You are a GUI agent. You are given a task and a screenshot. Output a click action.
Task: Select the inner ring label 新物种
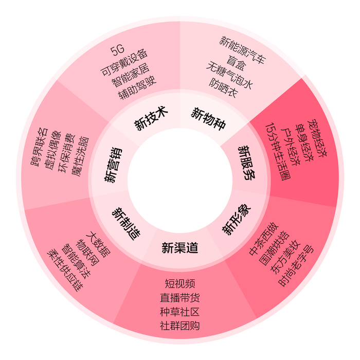point(208,118)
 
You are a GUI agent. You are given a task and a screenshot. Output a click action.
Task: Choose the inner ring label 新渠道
point(179,248)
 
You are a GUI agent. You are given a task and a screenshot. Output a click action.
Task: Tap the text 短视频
point(179,284)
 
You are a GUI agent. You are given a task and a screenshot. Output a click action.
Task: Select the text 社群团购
point(179,326)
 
